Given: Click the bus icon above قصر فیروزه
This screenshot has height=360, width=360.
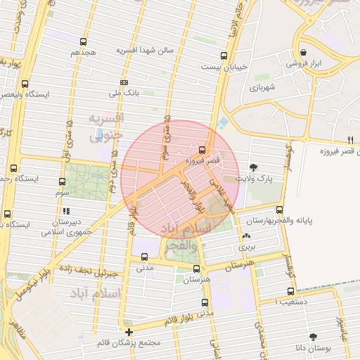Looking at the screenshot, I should coord(202,150).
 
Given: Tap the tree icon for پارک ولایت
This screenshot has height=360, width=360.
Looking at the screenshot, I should coord(253,167).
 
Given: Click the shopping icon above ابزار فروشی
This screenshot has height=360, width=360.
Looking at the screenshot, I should coord(303,52).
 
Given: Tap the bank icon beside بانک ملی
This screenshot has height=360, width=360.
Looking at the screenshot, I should coord(124,82).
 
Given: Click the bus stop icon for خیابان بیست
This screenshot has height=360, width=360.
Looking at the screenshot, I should coord(224,56).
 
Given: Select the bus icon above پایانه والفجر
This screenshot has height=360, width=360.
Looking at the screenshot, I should coord(280,210).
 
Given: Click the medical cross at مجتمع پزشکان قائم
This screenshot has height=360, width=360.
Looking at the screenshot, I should coord(129,332).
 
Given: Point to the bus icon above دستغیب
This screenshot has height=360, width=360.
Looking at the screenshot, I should coord(290,291).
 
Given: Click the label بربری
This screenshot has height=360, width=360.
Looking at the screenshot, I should coord(246,247).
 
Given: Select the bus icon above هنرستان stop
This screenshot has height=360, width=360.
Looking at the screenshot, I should coord(196,269).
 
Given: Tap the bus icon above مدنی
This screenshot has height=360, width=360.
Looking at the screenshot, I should coord(144,256).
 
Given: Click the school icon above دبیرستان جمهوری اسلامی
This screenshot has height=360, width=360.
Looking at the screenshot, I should coord(66,210).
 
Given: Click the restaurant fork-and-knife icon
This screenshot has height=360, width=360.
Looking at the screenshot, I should coord(350,139).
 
